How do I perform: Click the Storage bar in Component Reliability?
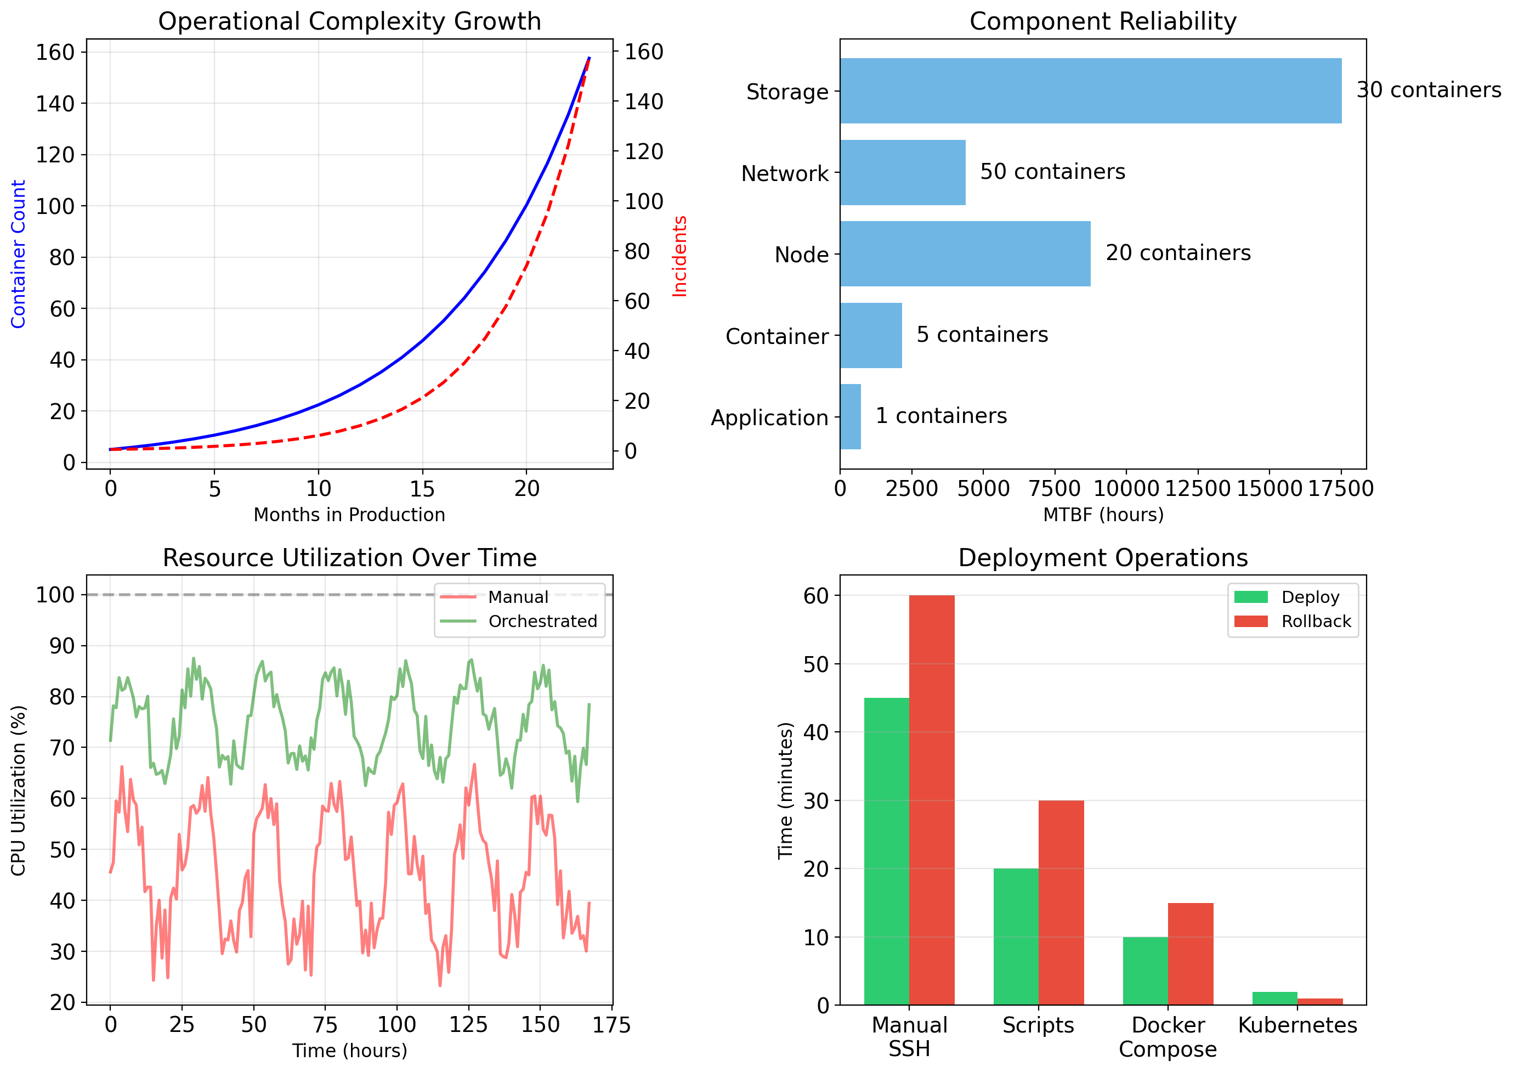pyautogui.click(x=1090, y=91)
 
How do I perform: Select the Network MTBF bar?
pyautogui.click(x=902, y=172)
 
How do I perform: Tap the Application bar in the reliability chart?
pyautogui.click(x=850, y=416)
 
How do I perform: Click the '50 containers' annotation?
pyautogui.click(x=1052, y=172)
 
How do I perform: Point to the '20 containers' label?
pyautogui.click(x=1178, y=253)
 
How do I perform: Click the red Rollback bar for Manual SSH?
pyautogui.click(x=931, y=799)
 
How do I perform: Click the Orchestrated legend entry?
pyautogui.click(x=542, y=621)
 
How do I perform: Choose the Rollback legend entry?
pyautogui.click(x=1315, y=621)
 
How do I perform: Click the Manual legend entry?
pyautogui.click(x=518, y=597)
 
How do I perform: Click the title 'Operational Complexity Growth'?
pyautogui.click(x=349, y=21)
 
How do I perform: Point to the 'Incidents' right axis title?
pyautogui.click(x=679, y=256)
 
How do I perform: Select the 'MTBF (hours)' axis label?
pyautogui.click(x=1103, y=514)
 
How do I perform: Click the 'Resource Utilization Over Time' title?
pyautogui.click(x=349, y=558)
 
